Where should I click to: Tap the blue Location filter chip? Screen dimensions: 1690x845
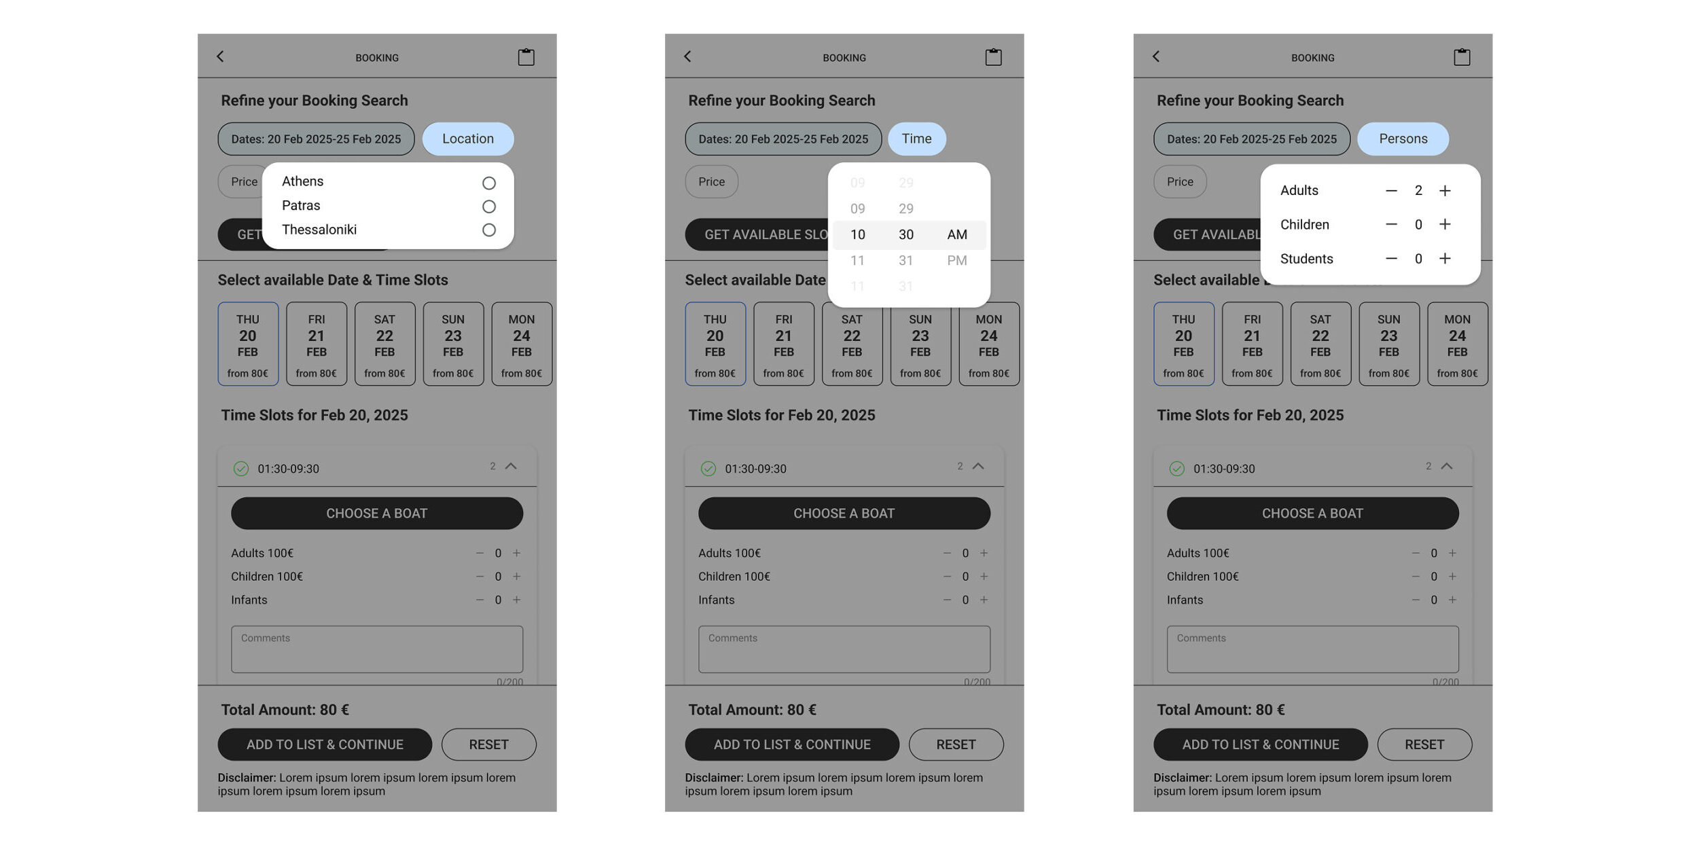click(468, 139)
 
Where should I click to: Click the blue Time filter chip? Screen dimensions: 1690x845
click(916, 139)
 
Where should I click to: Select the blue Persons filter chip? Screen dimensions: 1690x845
click(1403, 139)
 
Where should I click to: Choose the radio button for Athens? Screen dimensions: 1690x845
click(489, 183)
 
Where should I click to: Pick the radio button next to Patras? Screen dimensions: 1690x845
click(489, 206)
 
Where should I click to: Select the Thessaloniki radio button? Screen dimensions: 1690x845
click(489, 230)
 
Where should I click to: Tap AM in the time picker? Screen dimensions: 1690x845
click(957, 234)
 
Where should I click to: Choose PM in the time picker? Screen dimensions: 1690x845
click(957, 260)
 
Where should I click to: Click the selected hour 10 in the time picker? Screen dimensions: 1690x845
click(858, 234)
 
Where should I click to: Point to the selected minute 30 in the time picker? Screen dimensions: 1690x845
click(906, 234)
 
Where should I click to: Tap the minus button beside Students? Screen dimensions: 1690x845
click(1391, 259)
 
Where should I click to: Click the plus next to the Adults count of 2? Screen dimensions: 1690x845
click(1445, 191)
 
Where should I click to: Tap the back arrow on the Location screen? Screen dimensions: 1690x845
click(220, 56)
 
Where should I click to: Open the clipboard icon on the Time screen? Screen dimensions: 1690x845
click(993, 57)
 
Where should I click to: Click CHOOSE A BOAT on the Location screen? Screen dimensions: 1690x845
click(377, 514)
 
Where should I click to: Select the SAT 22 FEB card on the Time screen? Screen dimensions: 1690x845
click(852, 344)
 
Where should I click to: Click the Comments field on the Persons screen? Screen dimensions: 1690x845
click(1312, 649)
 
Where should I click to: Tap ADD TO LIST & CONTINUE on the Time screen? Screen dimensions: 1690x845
click(792, 744)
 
